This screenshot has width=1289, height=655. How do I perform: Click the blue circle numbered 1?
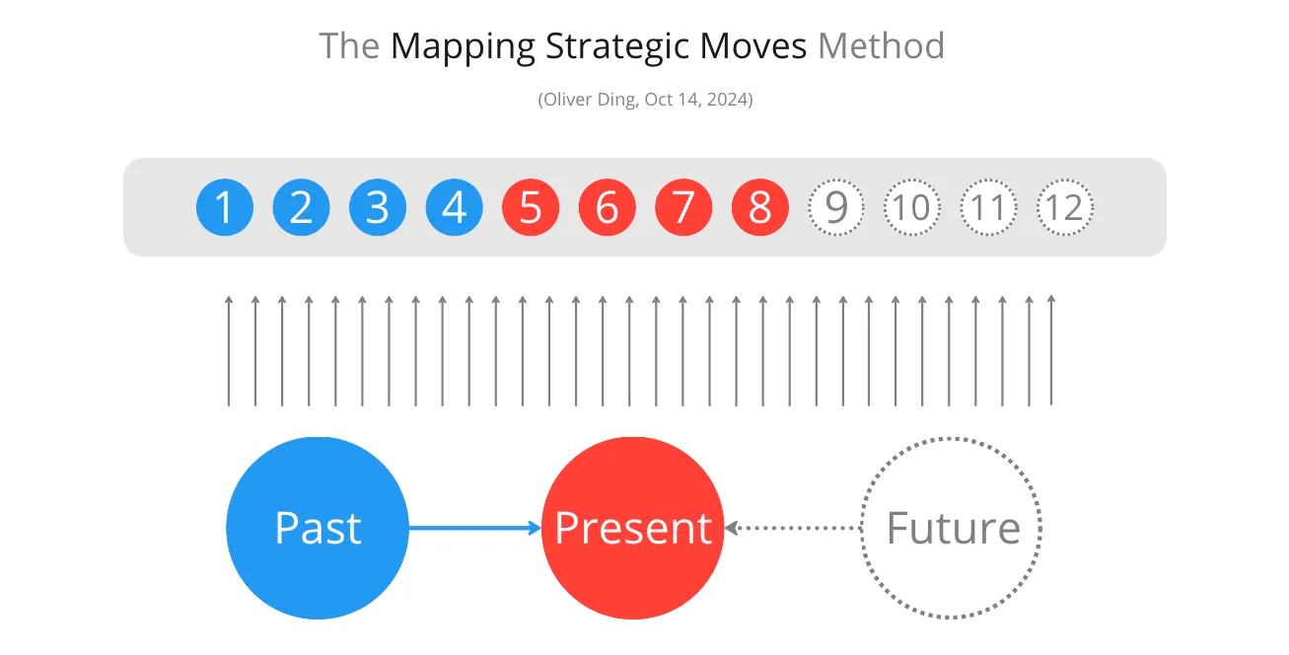(225, 207)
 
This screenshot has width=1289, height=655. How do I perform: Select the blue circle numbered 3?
(378, 207)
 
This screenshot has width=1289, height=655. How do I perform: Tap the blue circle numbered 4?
(454, 207)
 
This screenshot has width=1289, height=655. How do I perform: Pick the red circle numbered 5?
(531, 207)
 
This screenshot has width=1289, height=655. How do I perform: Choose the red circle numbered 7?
(683, 207)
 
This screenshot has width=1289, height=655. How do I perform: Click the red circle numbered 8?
(760, 207)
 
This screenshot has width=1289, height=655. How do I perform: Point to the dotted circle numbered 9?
(836, 180)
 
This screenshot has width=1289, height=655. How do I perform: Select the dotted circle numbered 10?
(912, 180)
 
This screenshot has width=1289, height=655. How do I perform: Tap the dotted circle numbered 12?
(1065, 180)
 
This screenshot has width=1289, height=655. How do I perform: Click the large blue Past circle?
(318, 528)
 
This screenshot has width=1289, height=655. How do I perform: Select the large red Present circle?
(633, 528)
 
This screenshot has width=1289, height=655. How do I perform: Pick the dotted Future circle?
(952, 439)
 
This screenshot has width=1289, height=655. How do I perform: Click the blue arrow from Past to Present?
(475, 528)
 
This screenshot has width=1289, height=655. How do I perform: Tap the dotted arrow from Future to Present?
(793, 528)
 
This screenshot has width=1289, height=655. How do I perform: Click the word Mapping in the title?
(464, 47)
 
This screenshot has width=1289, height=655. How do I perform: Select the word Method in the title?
(881, 45)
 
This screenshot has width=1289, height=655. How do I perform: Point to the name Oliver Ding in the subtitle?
(589, 100)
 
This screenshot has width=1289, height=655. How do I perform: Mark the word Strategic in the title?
(617, 47)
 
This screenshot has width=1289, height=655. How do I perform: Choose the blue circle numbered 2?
(301, 207)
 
